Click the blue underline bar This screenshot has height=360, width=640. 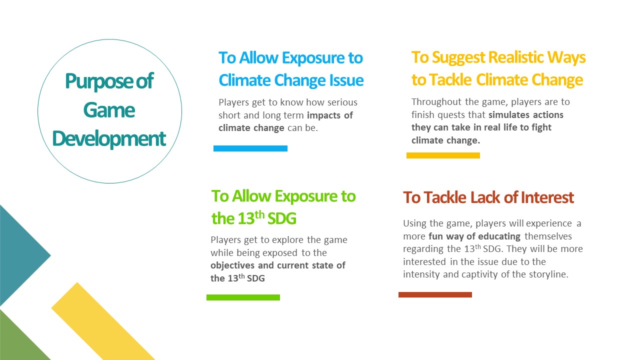pyautogui.click(x=250, y=148)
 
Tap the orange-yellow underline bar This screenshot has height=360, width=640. pyautogui.click(x=443, y=155)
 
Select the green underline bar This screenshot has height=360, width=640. pyautogui.click(x=243, y=297)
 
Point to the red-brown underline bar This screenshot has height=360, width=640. pyautogui.click(x=435, y=294)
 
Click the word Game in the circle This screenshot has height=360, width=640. pyautogui.click(x=109, y=110)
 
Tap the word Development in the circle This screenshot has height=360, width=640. pyautogui.click(x=109, y=139)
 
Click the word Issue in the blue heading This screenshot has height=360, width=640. pyautogui.click(x=346, y=80)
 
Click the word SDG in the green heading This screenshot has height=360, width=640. pyautogui.click(x=282, y=218)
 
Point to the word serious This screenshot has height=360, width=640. pyautogui.click(x=342, y=102)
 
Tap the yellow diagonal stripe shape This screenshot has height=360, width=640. pyautogui.click(x=103, y=321)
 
